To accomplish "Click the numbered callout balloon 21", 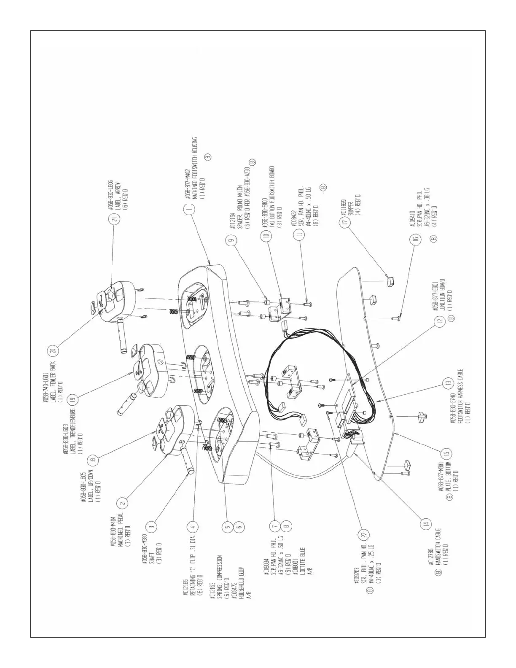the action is point(115,219).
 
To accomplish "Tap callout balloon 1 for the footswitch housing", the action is point(190,208).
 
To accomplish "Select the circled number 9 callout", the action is point(231,241).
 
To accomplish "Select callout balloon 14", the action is point(425,525).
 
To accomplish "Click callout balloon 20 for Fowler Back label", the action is point(53,350).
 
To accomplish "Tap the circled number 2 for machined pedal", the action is point(122,503).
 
